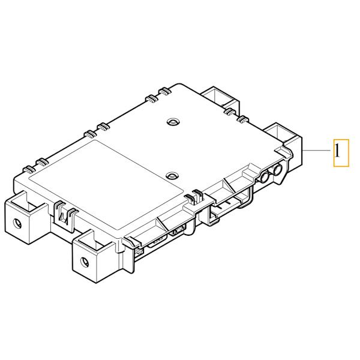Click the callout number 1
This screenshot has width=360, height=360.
[340, 153]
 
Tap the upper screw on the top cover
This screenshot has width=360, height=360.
[172, 121]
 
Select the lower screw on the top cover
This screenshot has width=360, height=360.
[172, 176]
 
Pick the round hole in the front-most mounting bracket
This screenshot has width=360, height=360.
[83, 262]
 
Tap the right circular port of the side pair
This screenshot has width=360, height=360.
[277, 172]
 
